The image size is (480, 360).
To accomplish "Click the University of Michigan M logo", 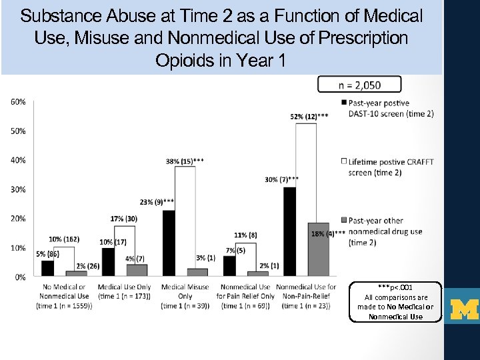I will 464,310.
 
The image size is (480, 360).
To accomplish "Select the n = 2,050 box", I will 359,84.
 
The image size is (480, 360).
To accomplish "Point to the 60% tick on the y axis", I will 19,102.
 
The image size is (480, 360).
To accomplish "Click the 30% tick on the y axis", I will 19,189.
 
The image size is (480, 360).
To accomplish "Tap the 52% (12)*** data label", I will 309,116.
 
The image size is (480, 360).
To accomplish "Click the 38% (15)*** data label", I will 185,160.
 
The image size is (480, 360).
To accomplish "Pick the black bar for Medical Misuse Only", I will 169,243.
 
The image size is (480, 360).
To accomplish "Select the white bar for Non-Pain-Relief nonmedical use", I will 307,199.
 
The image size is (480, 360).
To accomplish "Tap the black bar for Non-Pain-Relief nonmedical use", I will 289,231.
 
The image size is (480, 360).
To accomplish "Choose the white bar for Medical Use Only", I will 125,251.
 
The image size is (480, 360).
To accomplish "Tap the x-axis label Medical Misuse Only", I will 185,296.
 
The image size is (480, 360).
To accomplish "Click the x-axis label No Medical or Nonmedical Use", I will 64,296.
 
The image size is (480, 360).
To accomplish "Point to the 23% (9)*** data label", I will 157,201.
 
